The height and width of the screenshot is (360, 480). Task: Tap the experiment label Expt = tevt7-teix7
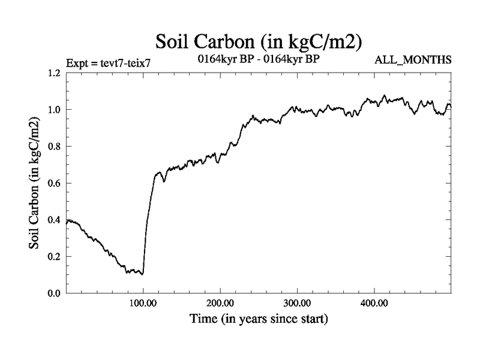point(109,62)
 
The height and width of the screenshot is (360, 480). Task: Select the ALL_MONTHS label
point(412,61)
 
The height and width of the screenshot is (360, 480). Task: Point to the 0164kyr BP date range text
point(259,60)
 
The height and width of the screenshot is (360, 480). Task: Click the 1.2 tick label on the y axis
point(54,73)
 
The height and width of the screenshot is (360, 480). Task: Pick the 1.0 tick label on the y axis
point(54,110)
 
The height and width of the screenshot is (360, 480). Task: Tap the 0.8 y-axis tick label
point(54,146)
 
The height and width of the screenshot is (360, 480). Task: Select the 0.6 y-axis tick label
point(54,183)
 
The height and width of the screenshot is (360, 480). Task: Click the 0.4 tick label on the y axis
point(54,220)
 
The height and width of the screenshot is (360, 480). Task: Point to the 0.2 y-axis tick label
point(54,256)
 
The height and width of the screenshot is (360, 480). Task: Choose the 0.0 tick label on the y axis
point(54,293)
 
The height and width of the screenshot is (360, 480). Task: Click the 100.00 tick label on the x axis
point(143,304)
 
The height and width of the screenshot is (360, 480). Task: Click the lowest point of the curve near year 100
point(142,274)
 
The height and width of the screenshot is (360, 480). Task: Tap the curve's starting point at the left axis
point(67,222)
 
